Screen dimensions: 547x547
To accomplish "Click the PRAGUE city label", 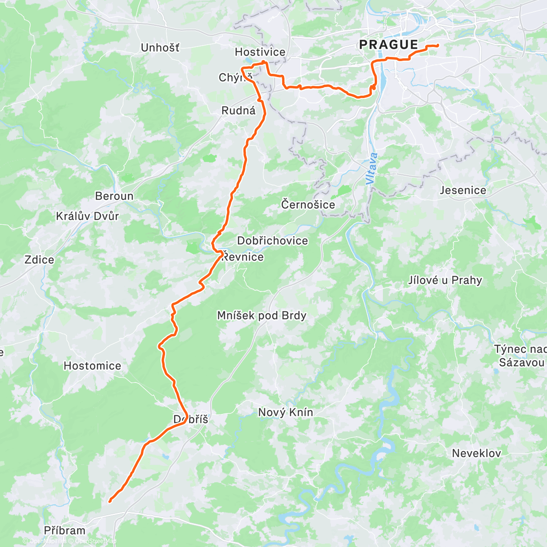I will [388, 45].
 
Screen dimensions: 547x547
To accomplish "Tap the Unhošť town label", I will [160, 48].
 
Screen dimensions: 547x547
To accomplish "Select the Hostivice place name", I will [260, 52].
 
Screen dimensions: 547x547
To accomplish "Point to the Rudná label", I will [238, 111].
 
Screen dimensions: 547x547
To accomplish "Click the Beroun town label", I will [114, 196].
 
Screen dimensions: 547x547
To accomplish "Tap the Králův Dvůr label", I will [87, 216].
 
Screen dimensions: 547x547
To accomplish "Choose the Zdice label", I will [39, 260].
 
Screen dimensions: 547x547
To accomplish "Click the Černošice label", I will [308, 205].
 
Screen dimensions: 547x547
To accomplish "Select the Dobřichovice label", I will [273, 241].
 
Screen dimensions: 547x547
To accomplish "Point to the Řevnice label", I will [243, 257].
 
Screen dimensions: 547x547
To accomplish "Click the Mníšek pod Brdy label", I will [262, 315].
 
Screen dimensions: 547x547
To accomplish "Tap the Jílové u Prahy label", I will [445, 280].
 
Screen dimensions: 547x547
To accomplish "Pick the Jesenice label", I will [463, 191].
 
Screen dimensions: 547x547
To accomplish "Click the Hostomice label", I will [93, 366].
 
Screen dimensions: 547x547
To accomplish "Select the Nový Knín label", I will [285, 413].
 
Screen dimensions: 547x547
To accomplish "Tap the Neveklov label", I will [476, 453].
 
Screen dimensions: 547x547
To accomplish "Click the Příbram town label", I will [65, 531].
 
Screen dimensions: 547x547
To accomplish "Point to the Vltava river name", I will [372, 169].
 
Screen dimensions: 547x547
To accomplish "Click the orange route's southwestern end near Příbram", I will [110, 501].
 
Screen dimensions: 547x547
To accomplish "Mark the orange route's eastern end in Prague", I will [438, 45].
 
